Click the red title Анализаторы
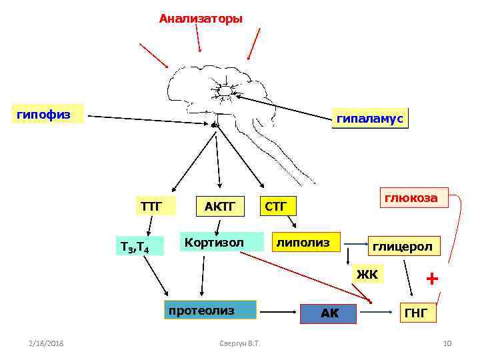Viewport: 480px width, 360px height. point(201,19)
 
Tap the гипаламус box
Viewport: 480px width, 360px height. point(369,119)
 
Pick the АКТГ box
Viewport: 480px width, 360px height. point(219,206)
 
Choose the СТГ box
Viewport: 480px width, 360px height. point(277,206)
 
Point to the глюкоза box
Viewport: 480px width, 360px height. point(410,198)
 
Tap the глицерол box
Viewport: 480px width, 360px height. point(402,246)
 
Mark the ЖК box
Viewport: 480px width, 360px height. point(367,273)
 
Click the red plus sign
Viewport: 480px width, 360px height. point(433,279)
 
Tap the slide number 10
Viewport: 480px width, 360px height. point(447,343)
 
